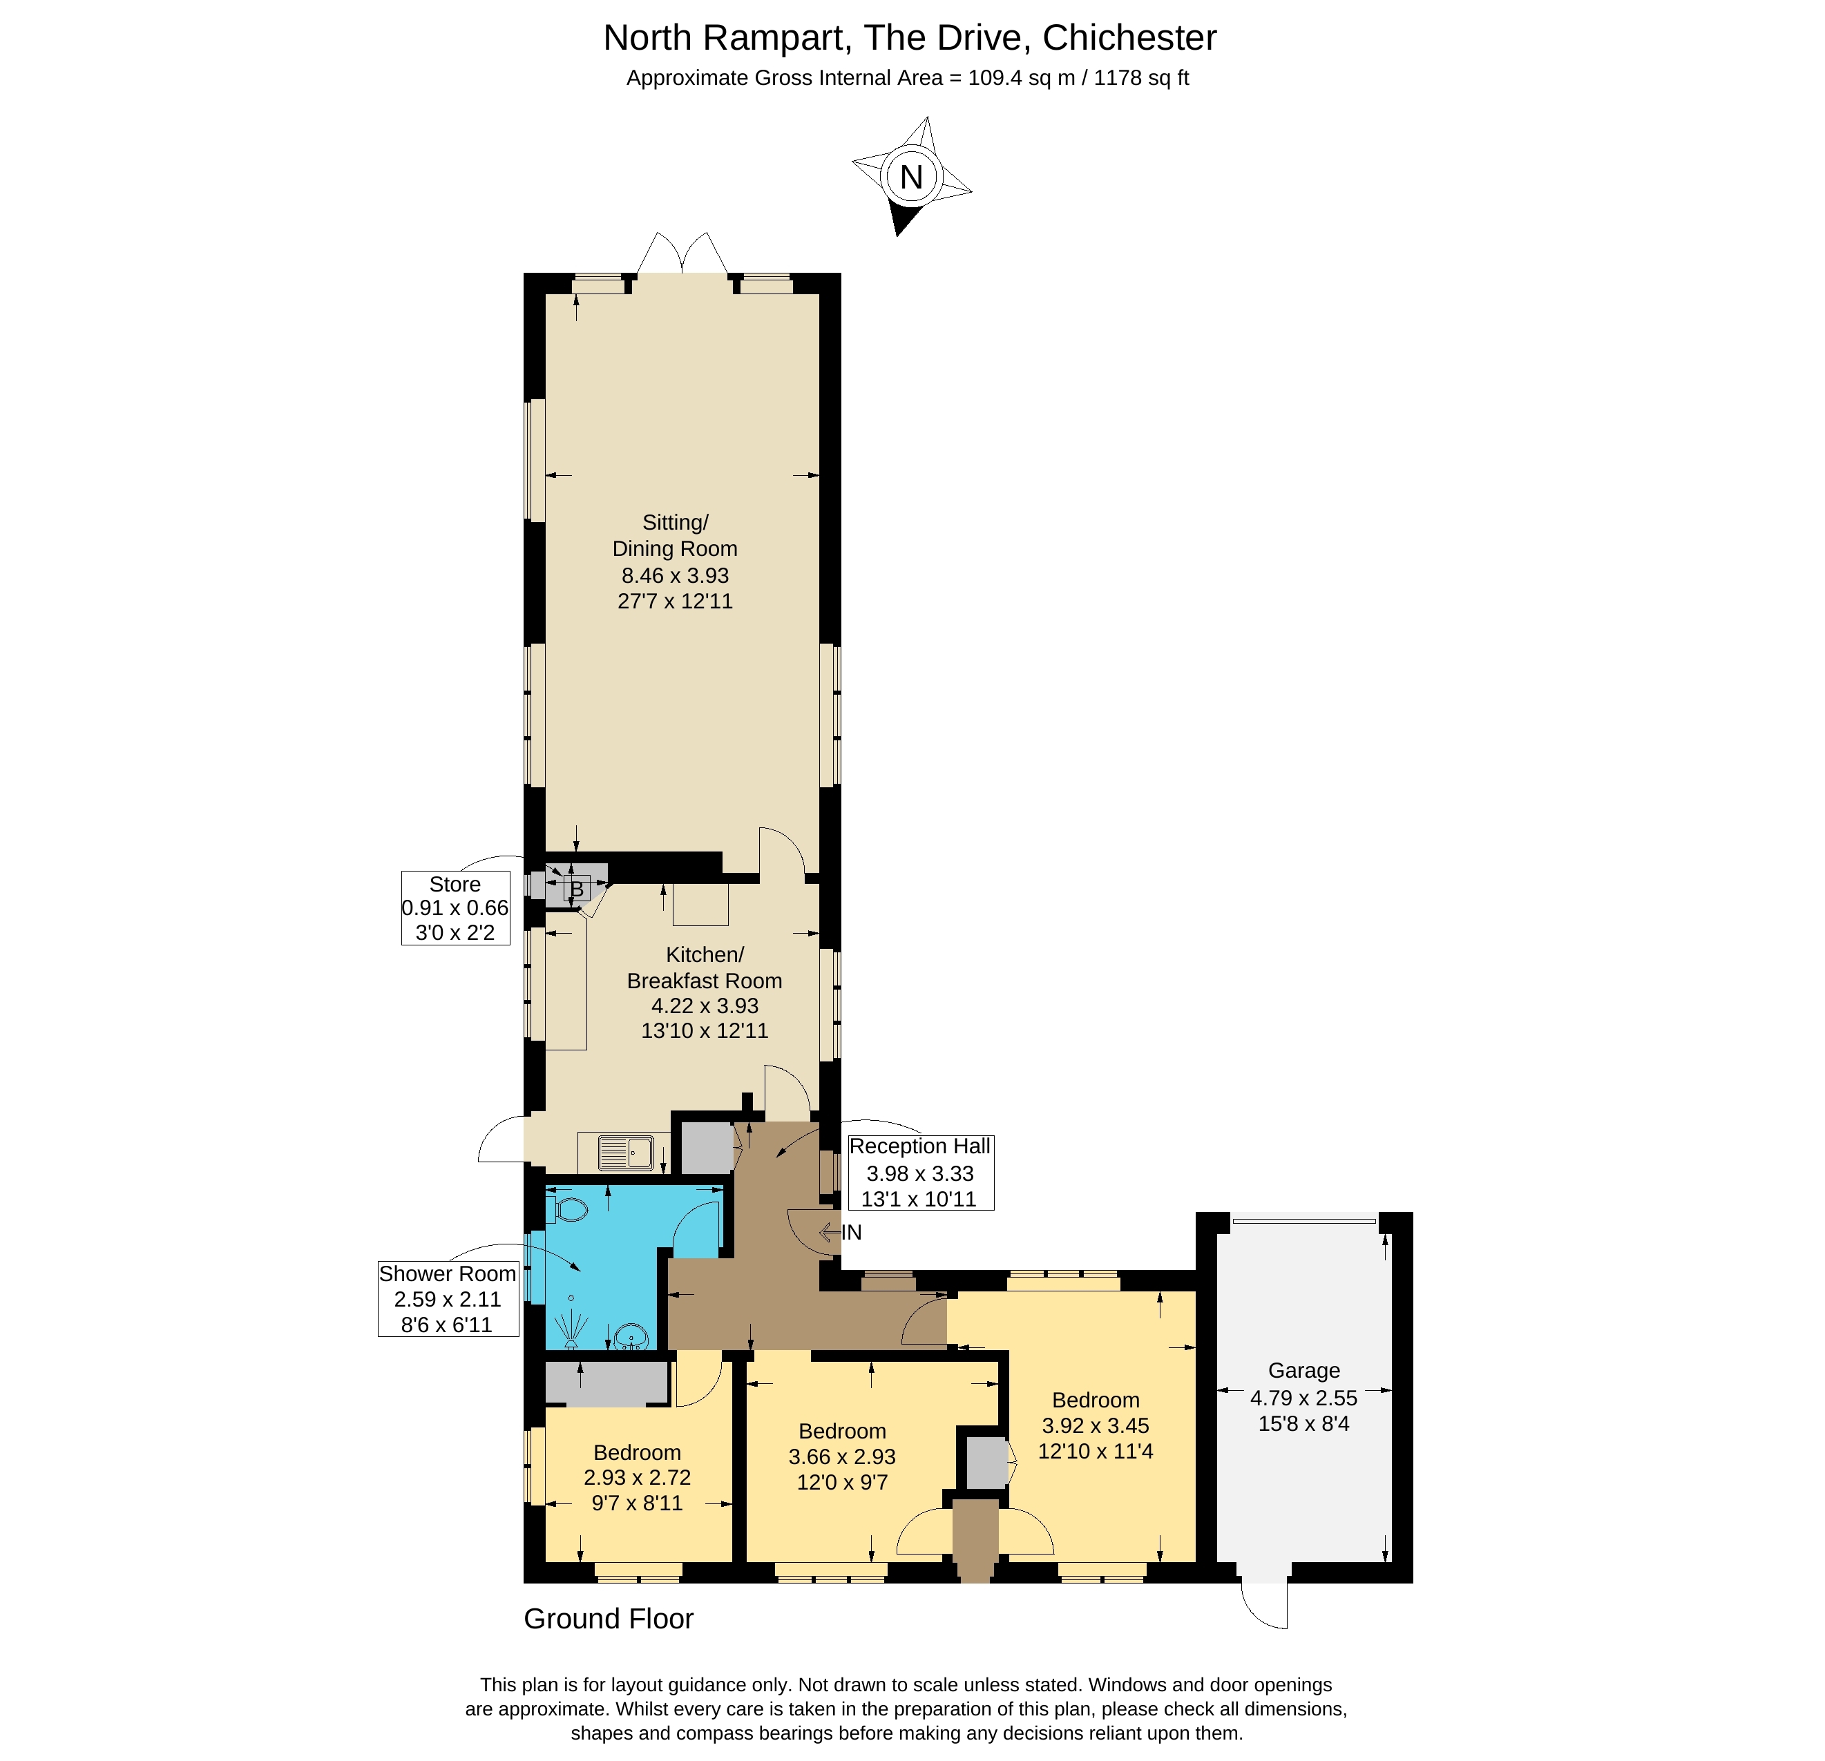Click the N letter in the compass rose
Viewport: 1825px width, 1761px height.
coord(910,177)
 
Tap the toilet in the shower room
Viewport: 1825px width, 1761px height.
coord(570,1210)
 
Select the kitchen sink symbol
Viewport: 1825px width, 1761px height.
coord(626,1153)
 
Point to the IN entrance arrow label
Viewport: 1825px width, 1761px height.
coord(850,1232)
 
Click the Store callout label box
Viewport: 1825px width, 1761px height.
coord(455,907)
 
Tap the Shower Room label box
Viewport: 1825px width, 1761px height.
coord(447,1298)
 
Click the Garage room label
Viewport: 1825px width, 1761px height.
coord(1303,1370)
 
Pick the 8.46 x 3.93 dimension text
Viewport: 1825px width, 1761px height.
coord(675,575)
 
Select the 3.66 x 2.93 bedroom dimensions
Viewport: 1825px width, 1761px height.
coord(842,1456)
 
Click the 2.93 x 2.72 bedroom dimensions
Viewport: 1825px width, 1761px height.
coord(637,1477)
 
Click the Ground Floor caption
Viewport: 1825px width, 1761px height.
coord(608,1619)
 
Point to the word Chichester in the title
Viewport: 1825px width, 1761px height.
coord(1129,38)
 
